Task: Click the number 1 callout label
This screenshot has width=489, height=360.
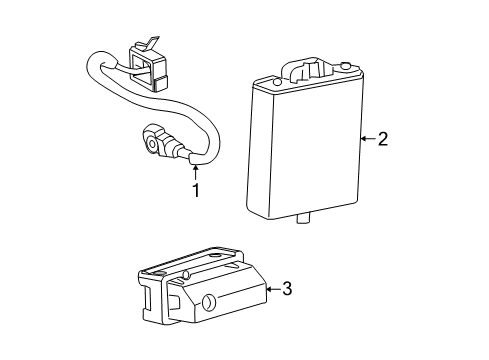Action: tap(197, 190)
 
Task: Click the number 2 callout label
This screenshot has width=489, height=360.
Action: tap(383, 139)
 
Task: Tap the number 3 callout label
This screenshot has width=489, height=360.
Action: tap(287, 289)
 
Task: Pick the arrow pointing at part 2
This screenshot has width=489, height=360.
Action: tap(368, 138)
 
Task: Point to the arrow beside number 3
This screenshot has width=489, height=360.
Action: tap(273, 289)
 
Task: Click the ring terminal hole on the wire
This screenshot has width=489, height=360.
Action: tap(153, 144)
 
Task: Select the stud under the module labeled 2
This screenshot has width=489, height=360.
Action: tap(304, 219)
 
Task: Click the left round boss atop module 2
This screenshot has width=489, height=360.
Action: tap(276, 82)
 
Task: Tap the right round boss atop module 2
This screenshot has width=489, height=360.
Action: tap(346, 66)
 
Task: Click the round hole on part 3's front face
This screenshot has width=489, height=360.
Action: tap(209, 302)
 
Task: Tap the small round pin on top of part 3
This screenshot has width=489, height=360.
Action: tap(187, 275)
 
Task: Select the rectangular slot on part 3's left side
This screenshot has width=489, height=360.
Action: tap(147, 297)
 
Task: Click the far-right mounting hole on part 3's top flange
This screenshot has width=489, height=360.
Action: tap(215, 255)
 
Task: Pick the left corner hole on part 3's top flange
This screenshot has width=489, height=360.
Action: tap(158, 273)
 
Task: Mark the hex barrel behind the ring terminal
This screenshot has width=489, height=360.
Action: tap(170, 147)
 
